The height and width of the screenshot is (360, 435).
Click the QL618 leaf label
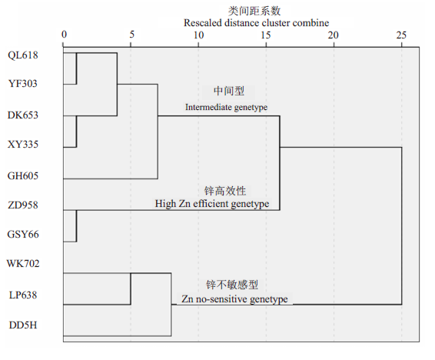[x=23, y=55]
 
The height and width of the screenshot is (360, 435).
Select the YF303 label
[x=23, y=84]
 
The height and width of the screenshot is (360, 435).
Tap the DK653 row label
[x=23, y=115]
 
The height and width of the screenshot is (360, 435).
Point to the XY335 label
[x=23, y=145]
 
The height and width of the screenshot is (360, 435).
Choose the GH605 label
[x=23, y=175]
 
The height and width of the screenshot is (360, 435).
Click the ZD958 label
[x=23, y=205]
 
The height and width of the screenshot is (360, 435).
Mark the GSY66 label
[x=23, y=235]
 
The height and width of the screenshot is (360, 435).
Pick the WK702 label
[x=23, y=263]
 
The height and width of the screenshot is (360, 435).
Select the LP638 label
[x=23, y=295]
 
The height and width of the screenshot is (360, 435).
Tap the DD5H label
[x=23, y=325]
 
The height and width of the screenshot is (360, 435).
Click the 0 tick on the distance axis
[x=64, y=35]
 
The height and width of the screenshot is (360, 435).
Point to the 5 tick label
[x=131, y=35]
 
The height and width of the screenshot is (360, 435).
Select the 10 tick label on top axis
[x=198, y=35]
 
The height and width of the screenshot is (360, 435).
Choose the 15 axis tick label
[x=266, y=35]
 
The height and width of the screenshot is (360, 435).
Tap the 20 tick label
[x=334, y=35]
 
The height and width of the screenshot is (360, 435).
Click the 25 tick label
[x=401, y=35]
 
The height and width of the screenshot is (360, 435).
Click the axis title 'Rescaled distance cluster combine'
[x=257, y=23]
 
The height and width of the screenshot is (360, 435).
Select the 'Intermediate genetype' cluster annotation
[x=227, y=107]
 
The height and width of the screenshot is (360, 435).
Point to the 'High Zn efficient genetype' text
[x=212, y=204]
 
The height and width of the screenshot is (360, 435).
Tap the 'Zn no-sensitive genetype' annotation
[x=234, y=299]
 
